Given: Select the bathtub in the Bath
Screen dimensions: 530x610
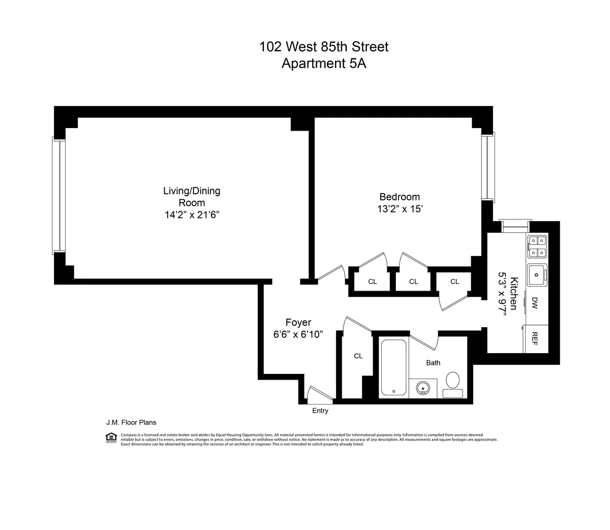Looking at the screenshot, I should (393, 367).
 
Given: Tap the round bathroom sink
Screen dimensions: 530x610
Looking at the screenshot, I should (423, 388).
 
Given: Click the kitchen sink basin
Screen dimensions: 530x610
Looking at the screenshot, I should (536, 275).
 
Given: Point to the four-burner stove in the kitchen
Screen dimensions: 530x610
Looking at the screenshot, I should (536, 246).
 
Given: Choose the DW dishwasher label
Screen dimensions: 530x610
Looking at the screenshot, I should (535, 304).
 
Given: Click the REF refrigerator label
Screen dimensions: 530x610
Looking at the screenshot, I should (535, 338).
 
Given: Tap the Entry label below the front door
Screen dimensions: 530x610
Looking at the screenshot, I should (320, 411).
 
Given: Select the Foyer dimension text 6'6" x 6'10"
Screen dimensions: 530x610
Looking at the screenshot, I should (298, 334).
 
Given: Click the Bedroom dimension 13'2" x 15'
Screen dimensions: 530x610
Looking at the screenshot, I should (400, 209).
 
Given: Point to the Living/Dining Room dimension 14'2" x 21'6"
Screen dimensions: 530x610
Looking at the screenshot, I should (192, 215).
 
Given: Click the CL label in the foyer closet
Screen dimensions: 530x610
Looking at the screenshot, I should (358, 356).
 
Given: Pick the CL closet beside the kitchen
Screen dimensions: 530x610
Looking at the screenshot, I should (454, 282).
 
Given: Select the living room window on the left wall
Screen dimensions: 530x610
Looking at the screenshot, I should (59, 196).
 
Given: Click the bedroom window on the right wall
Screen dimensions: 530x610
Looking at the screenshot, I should (488, 168).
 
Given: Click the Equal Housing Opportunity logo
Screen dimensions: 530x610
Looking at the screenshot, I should (110, 438).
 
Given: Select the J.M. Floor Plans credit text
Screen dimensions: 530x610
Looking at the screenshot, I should (131, 422).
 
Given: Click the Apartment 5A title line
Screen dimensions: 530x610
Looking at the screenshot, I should (324, 64).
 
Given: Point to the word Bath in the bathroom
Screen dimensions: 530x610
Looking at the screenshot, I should (433, 363).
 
